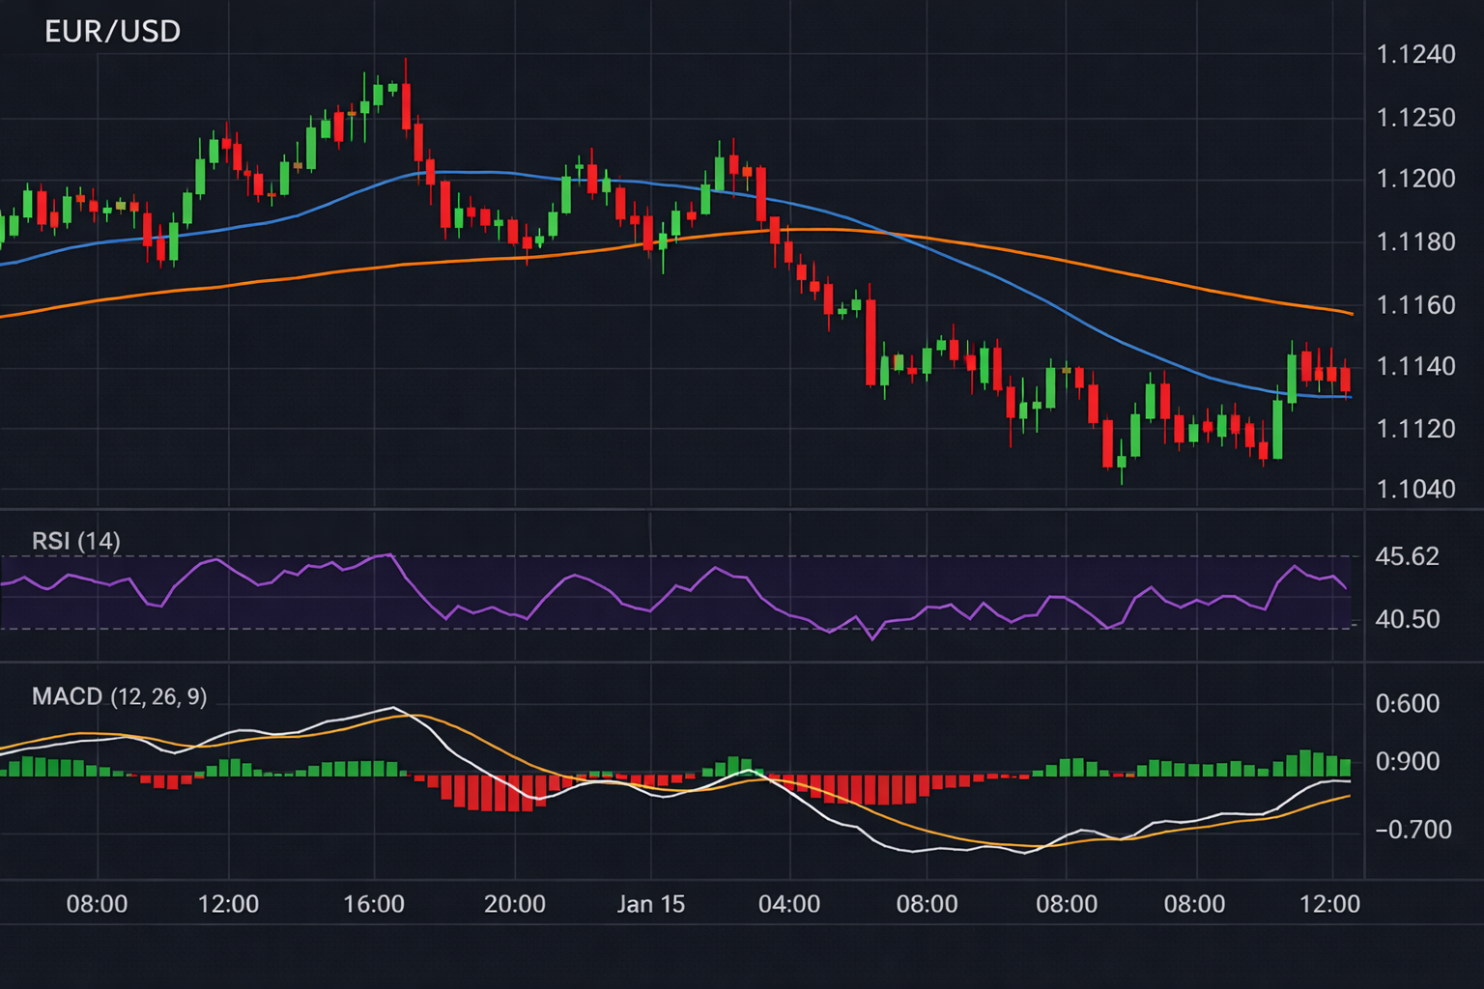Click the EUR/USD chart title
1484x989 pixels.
click(112, 32)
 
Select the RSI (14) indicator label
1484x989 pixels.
click(75, 541)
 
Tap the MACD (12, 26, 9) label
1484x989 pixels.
click(119, 696)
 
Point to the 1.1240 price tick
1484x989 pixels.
click(1415, 55)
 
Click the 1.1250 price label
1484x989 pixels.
click(1415, 118)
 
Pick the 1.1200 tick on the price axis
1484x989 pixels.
click(1415, 179)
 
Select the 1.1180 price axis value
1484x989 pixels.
click(1415, 241)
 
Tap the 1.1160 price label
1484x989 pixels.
click(1415, 305)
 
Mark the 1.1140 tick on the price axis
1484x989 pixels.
click(1415, 366)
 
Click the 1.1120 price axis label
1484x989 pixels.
click(1415, 429)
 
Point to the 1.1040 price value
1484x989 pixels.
click(1415, 489)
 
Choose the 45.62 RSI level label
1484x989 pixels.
click(1407, 557)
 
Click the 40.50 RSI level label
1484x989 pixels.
click(1407, 619)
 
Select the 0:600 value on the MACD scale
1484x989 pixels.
click(1407, 704)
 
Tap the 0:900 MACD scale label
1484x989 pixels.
click(1407, 762)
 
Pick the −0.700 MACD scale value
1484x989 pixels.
click(1413, 830)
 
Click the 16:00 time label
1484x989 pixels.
click(374, 905)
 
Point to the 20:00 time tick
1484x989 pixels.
click(514, 905)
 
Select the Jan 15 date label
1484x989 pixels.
click(650, 905)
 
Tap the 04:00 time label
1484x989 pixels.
click(789, 905)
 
